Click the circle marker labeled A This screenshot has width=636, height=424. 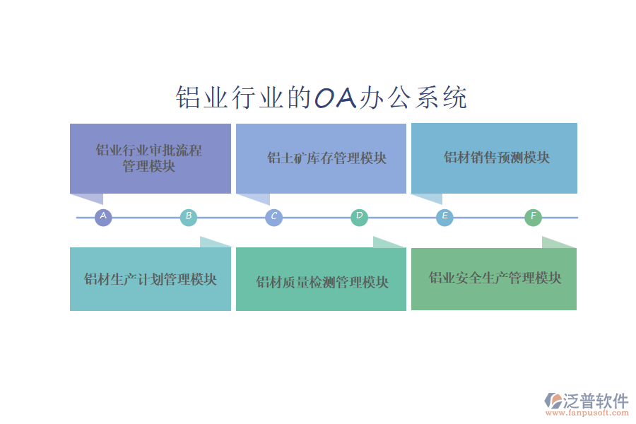click(x=103, y=217)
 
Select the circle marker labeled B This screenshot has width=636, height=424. click(x=188, y=217)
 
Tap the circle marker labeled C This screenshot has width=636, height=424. click(x=273, y=217)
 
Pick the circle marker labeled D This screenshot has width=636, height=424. click(x=359, y=217)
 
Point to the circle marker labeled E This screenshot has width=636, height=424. click(x=444, y=217)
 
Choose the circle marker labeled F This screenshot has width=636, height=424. click(x=533, y=217)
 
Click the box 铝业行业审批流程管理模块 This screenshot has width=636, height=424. click(x=150, y=158)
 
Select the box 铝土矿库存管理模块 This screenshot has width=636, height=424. click(x=321, y=158)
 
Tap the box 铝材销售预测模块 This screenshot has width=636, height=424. click(x=494, y=158)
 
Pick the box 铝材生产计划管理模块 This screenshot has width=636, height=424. click(x=150, y=279)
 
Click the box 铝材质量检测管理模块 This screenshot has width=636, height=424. click(x=321, y=283)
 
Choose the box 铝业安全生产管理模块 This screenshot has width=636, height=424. click(x=494, y=278)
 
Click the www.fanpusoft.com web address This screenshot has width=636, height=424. click(x=590, y=413)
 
